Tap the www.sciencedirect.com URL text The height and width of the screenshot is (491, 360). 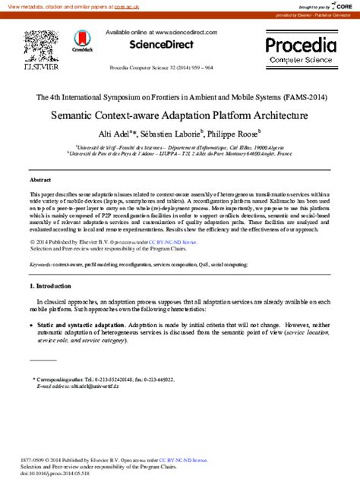tap(185, 33)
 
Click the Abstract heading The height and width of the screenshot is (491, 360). tap(40, 180)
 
